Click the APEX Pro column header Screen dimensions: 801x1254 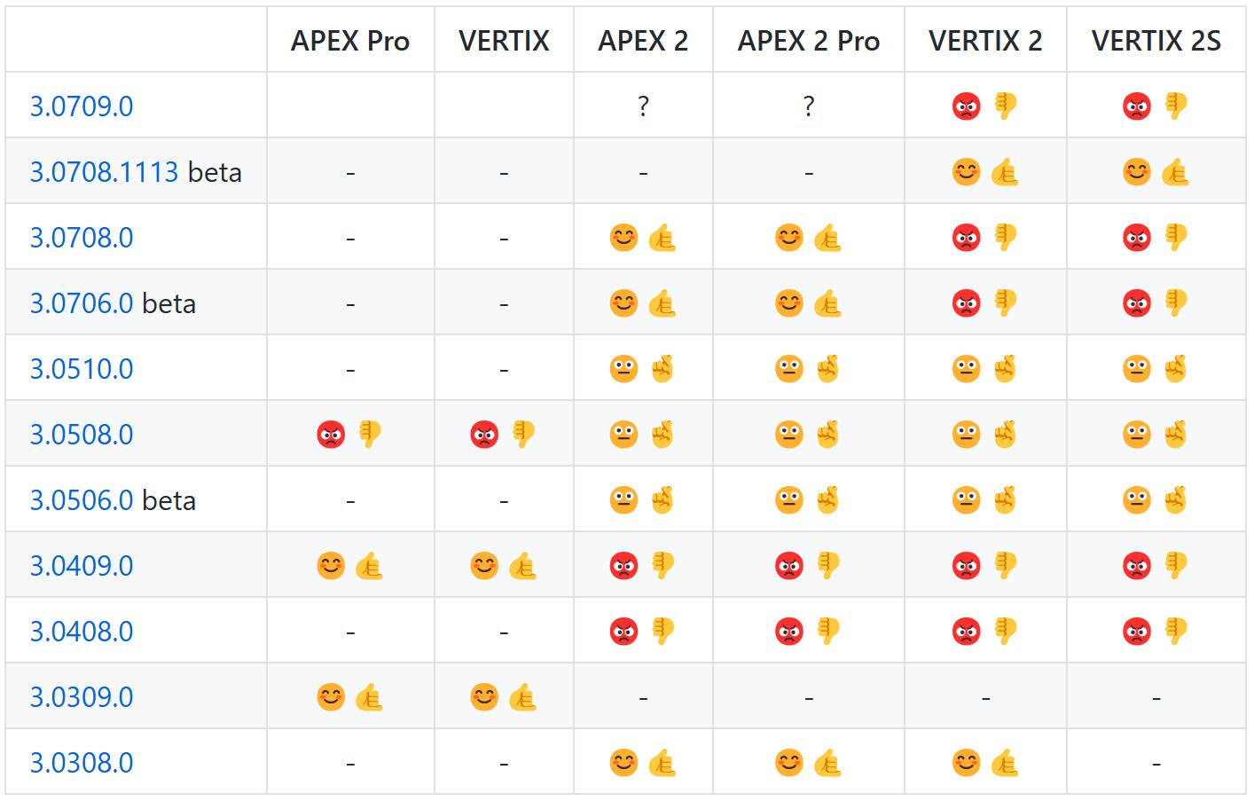coord(350,41)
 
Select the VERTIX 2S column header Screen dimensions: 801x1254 coord(1156,41)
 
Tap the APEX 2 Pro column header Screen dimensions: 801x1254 coord(808,41)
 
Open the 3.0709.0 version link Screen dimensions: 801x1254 coord(82,106)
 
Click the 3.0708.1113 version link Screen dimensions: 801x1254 coord(105,172)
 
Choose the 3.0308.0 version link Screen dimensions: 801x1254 coord(82,763)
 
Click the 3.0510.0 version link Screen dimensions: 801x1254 coord(82,369)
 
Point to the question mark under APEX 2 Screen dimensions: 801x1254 coord(643,106)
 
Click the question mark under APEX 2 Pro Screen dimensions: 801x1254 coord(808,106)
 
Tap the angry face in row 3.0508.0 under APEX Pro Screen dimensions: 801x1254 coord(331,435)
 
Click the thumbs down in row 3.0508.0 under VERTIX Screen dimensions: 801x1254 coord(523,434)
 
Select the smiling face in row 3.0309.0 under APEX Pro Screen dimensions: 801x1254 coord(331,697)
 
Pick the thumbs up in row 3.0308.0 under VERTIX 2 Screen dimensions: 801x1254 coord(1004,763)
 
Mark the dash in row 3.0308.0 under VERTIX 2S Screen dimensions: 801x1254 coord(1156,763)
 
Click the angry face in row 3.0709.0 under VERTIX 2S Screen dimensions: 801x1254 coord(1137,106)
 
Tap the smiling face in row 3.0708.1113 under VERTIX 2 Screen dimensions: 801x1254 coord(966,172)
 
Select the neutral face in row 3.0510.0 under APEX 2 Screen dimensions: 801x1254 coord(623,369)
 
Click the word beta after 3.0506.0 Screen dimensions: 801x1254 coord(169,500)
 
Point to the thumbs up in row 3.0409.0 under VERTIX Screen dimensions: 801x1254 coord(522,566)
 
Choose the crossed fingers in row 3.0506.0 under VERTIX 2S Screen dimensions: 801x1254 coord(1175,500)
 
